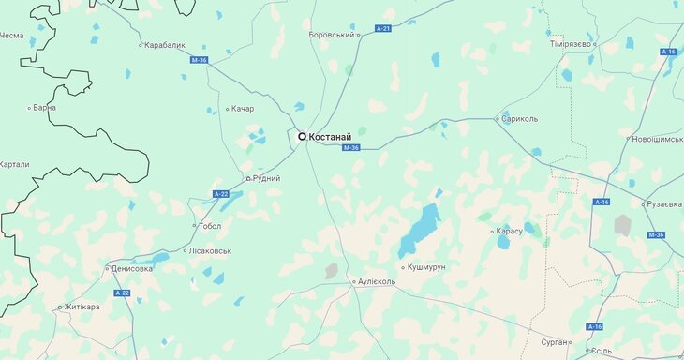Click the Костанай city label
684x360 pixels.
[338, 137]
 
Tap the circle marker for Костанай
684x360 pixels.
[302, 136]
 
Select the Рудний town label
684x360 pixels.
[265, 178]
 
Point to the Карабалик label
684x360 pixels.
[166, 44]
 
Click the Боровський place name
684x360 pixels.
[332, 35]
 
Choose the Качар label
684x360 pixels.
[242, 109]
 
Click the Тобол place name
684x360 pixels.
[210, 226]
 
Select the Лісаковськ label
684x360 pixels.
[210, 251]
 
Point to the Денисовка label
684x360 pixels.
[132, 268]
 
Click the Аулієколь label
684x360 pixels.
[379, 281]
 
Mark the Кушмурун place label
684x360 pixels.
[427, 267]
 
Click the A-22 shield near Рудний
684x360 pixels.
[221, 193]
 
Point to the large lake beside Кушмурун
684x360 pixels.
[420, 230]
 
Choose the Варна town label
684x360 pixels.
[44, 108]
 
